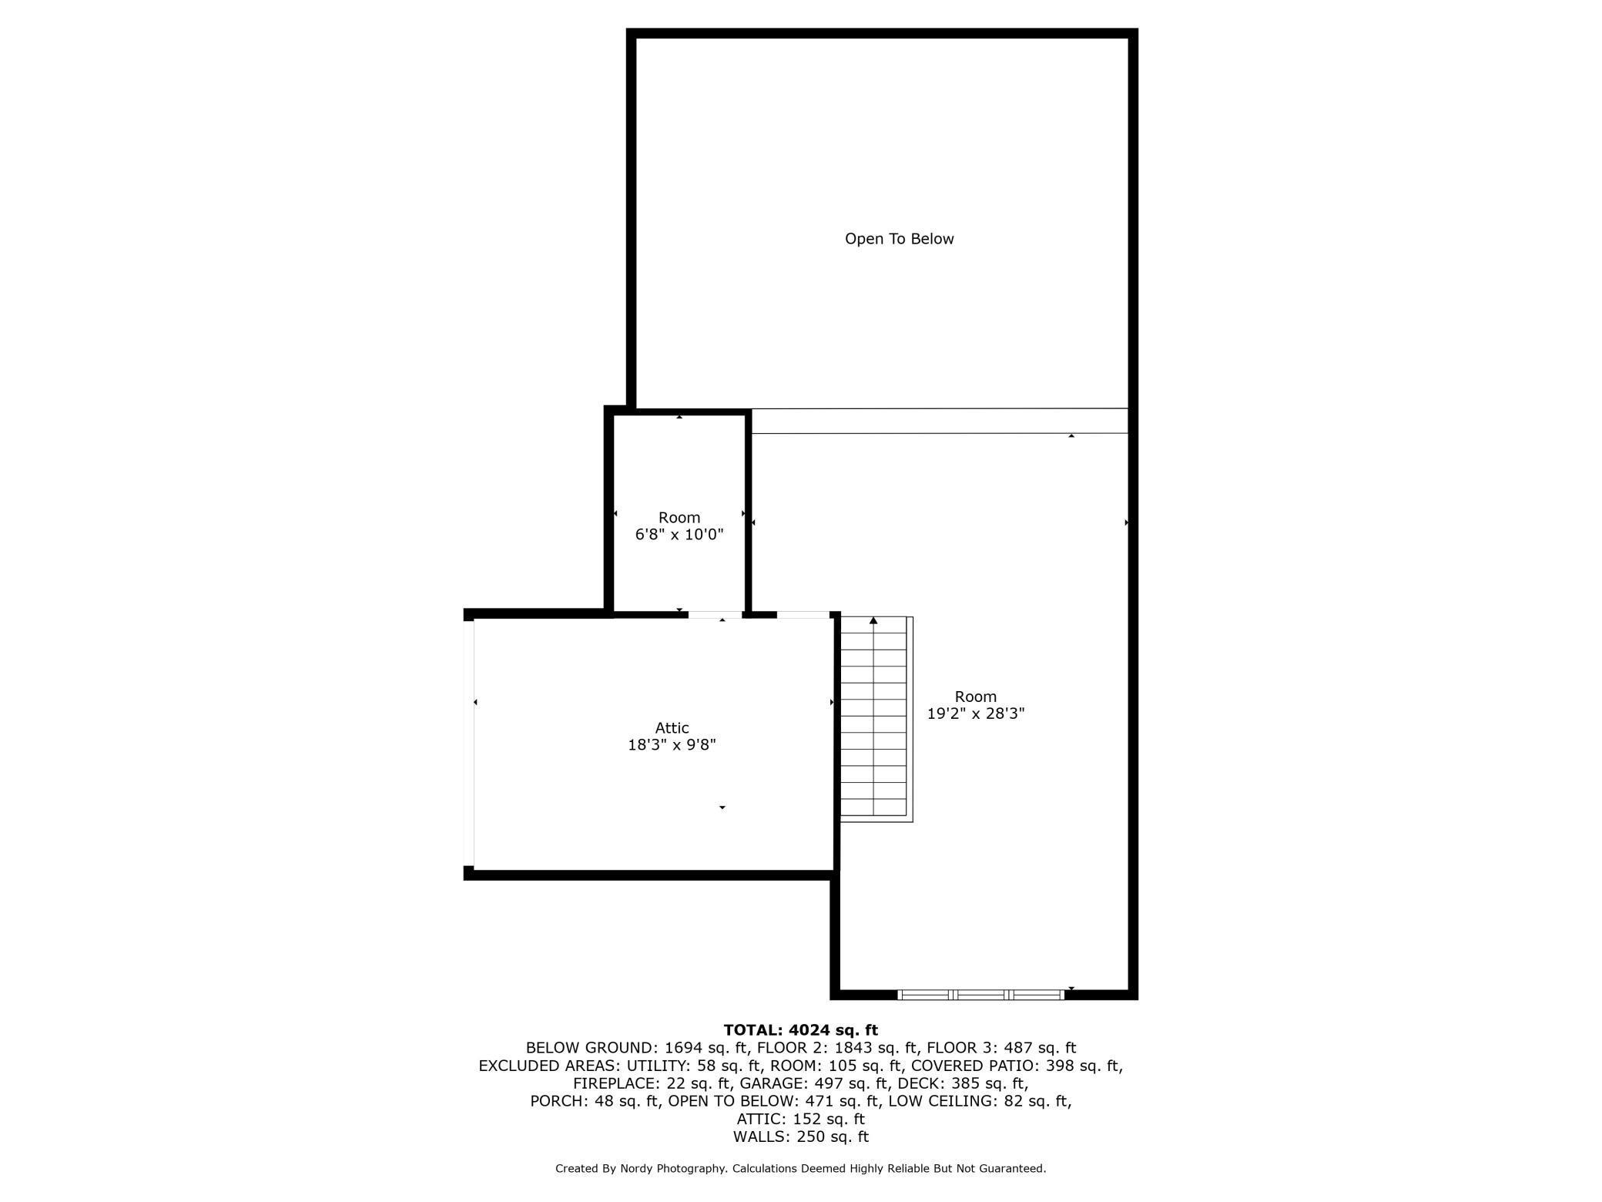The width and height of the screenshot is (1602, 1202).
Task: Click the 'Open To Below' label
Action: coord(899,239)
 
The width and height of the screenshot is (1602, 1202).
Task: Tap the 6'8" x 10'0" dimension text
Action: coord(679,534)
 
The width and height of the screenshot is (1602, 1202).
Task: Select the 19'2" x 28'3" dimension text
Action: coord(975,713)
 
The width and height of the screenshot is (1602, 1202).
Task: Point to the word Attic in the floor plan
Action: coord(672,727)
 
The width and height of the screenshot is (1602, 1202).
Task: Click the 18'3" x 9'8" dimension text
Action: coord(672,744)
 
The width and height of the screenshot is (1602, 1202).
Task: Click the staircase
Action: coord(876,718)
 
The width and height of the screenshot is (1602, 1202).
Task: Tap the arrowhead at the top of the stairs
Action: coord(873,620)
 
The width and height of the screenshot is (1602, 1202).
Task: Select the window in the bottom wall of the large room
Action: coord(980,995)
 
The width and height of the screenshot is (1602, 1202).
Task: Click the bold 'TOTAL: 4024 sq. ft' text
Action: coord(800,1030)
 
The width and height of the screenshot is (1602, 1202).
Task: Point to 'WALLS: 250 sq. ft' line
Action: coord(800,1137)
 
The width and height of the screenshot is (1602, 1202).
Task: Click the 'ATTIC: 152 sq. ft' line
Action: coord(800,1119)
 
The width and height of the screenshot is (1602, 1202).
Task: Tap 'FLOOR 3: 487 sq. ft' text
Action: coord(1001,1048)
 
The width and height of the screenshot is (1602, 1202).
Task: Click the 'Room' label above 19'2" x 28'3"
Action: coord(975,697)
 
